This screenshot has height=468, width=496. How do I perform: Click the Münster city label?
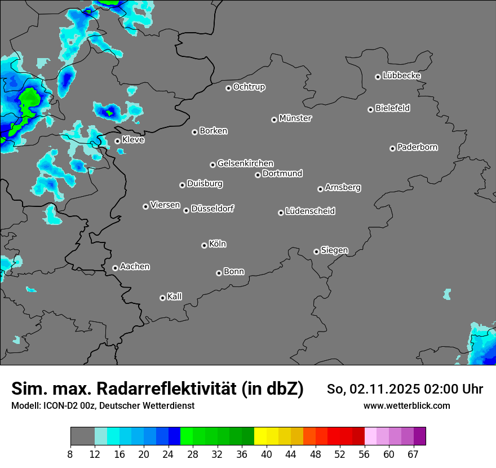295,118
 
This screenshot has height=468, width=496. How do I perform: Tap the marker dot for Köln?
204,245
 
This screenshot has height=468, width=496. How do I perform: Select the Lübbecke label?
401,76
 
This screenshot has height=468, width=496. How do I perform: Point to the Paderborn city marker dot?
392,148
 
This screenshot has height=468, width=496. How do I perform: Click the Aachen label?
135,267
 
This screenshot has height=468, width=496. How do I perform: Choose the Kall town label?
175,297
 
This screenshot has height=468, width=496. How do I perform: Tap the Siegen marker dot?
316,251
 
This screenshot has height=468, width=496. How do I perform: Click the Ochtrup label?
249,87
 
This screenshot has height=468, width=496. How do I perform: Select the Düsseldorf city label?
212,209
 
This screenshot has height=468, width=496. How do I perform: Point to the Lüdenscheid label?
310,211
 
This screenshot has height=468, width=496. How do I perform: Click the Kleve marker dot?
117,142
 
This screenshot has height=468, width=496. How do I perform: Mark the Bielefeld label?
392,108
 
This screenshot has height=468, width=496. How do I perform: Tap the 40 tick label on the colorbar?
267,454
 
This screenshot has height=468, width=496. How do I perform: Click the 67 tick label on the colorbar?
413,454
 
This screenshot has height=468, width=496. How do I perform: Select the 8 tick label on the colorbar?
70,454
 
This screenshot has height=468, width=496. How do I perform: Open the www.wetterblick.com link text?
406,406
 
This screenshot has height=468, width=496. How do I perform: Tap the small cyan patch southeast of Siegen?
447,294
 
